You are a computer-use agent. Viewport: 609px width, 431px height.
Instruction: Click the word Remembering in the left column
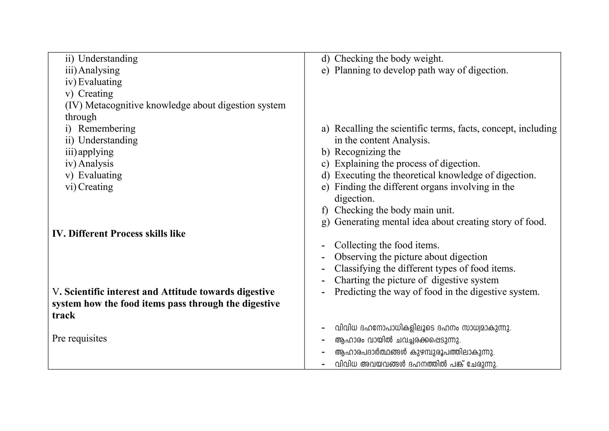[106, 129]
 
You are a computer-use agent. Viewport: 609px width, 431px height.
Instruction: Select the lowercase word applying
[95, 152]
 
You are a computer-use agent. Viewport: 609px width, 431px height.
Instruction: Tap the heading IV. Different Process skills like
[119, 234]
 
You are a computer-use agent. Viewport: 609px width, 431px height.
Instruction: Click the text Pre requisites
[79, 338]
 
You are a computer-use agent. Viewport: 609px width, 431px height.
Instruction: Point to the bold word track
[63, 315]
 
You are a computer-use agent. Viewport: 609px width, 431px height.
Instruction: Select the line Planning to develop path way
[421, 70]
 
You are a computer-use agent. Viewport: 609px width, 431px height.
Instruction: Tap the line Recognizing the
[367, 152]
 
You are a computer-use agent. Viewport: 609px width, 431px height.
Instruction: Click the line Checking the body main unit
[394, 210]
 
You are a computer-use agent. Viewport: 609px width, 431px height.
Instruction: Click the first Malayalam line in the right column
[423, 328]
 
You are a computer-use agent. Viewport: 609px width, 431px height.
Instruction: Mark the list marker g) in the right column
[325, 222]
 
